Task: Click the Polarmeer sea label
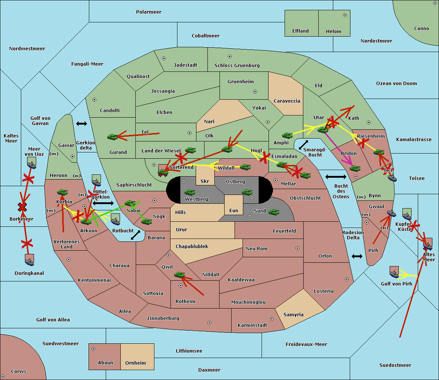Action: (149, 12)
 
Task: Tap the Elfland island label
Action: (300, 31)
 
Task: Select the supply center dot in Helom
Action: (345, 15)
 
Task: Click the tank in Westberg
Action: (190, 192)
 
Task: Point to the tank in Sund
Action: (274, 212)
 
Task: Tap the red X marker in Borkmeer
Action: (22, 207)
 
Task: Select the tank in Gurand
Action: (112, 137)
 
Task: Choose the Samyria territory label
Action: (293, 315)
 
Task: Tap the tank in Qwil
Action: (180, 275)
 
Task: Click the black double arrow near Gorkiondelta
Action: (82, 123)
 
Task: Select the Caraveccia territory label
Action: (287, 101)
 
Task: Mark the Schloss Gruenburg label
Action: (237, 66)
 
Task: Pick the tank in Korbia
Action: (63, 192)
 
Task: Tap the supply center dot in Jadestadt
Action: (164, 58)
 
